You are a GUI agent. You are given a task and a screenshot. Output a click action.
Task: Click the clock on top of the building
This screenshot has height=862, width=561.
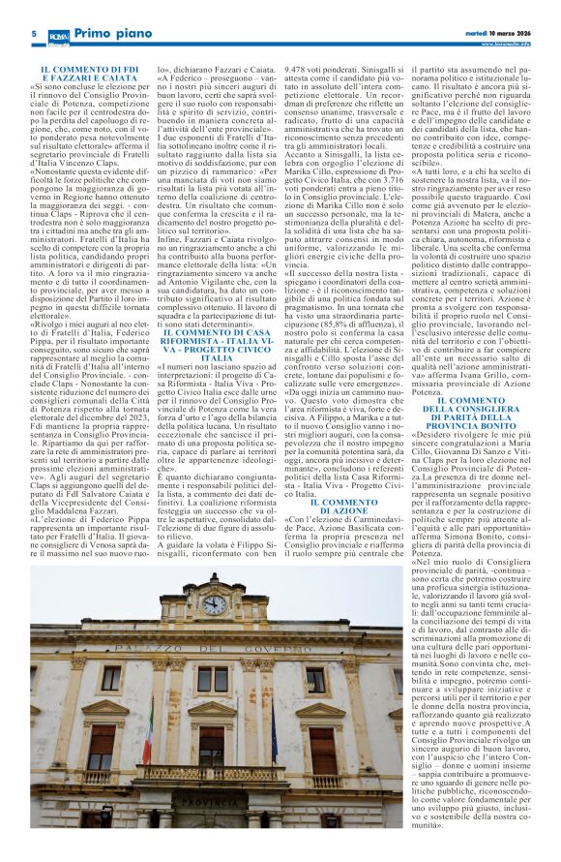[x=214, y=604]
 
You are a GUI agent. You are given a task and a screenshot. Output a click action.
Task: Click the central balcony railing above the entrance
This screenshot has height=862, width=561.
[x=210, y=773]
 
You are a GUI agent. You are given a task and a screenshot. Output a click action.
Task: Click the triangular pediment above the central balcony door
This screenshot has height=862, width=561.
[x=211, y=710]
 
